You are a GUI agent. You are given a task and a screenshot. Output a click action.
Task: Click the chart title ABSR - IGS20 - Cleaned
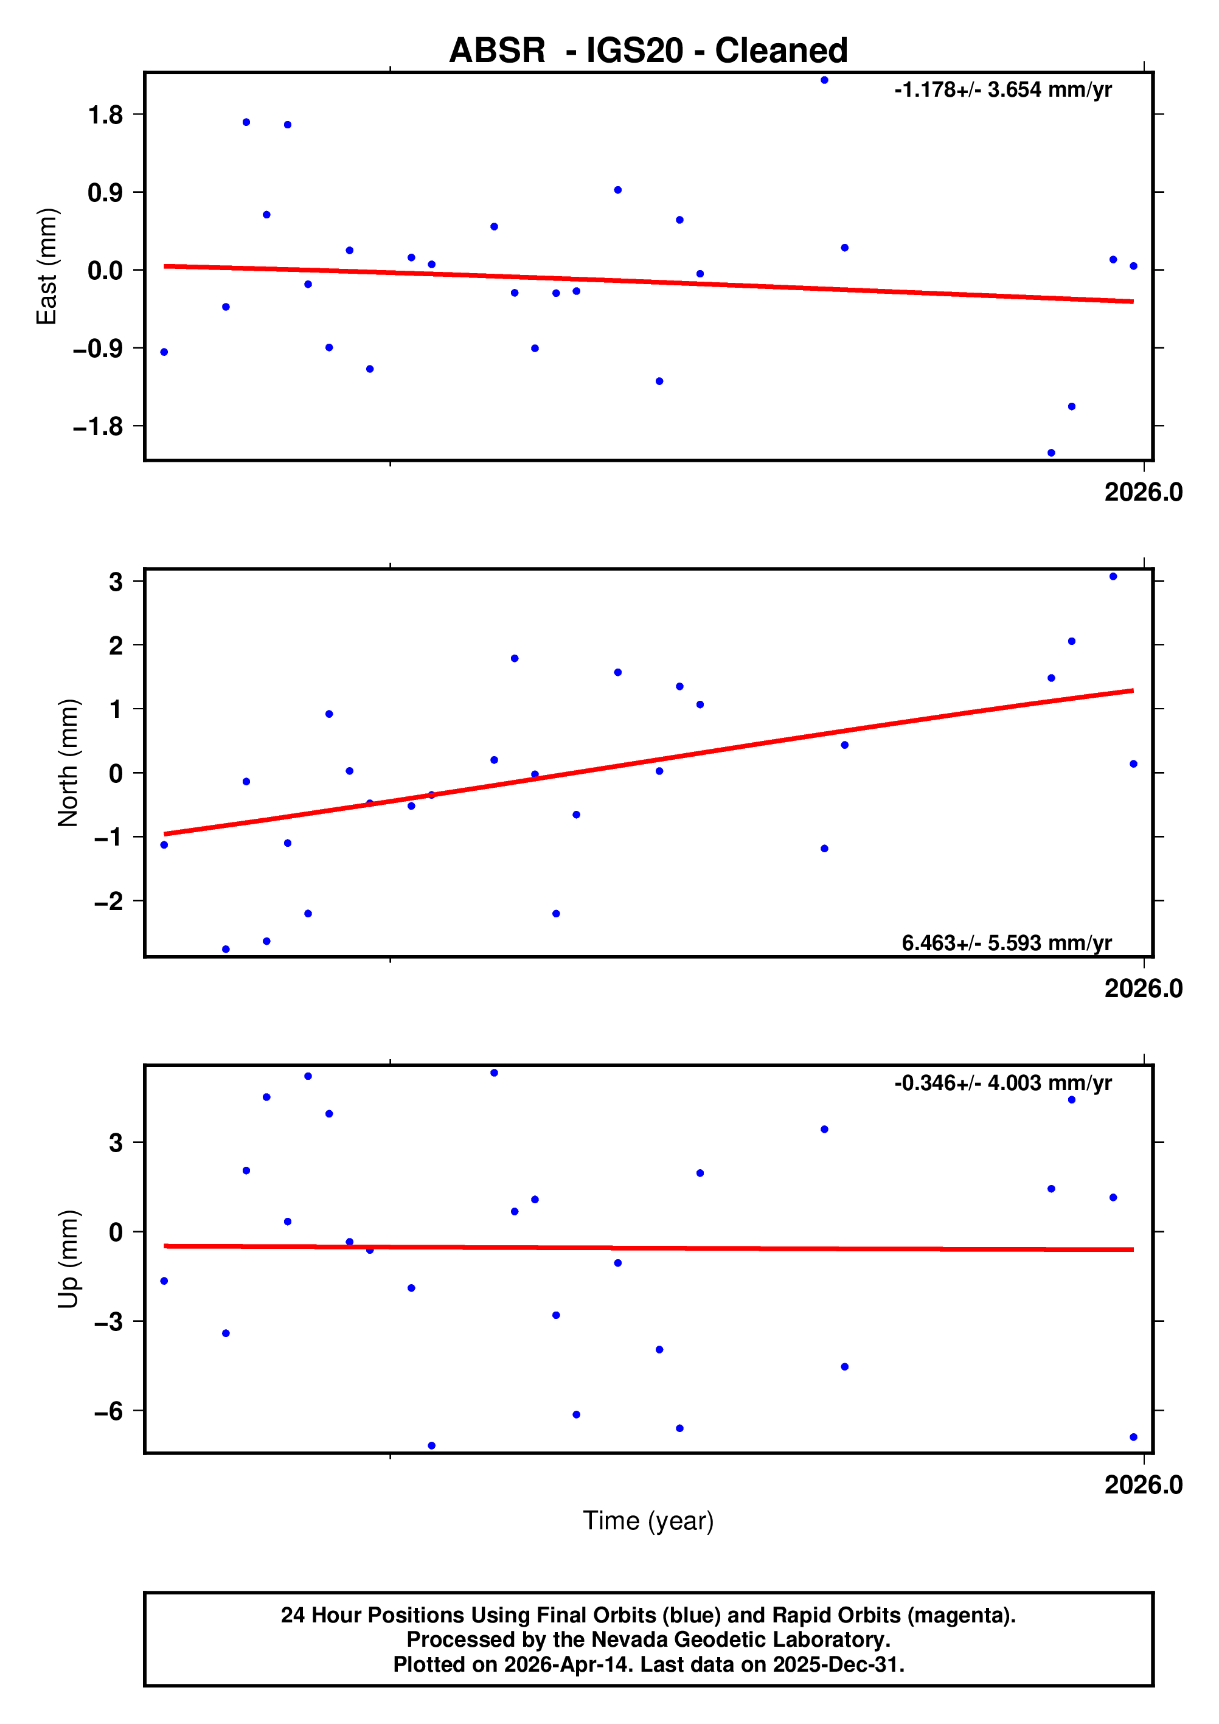648,50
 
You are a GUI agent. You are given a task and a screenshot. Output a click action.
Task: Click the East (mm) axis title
47,266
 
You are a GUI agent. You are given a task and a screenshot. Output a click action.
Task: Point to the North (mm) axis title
68,763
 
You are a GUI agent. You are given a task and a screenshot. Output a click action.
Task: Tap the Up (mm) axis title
68,1259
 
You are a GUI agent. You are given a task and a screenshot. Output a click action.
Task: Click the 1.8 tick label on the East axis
105,115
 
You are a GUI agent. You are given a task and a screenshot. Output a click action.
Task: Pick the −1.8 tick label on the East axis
97,427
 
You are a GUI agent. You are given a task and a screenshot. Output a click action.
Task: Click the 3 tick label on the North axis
116,582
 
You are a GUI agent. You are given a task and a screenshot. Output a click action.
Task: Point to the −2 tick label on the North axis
108,901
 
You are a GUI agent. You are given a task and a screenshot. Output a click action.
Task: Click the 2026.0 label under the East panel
1143,493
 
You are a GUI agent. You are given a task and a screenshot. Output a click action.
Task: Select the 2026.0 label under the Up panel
1143,1485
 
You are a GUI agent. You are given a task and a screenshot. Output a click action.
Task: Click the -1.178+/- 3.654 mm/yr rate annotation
1003,90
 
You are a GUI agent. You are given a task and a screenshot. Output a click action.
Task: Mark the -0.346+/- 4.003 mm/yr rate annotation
1003,1083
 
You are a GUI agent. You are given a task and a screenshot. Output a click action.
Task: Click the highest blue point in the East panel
824,80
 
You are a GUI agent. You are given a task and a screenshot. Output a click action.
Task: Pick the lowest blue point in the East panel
1051,453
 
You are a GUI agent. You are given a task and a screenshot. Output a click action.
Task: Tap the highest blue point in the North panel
1113,577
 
